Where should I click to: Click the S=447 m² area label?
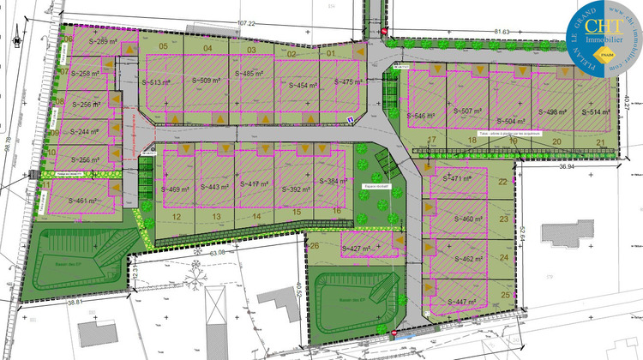tap(460, 303)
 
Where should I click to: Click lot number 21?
tap(601, 142)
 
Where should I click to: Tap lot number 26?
tap(315, 246)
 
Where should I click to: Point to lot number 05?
tap(162, 47)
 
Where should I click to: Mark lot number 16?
tap(338, 211)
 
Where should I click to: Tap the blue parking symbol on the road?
tap(350, 120)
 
